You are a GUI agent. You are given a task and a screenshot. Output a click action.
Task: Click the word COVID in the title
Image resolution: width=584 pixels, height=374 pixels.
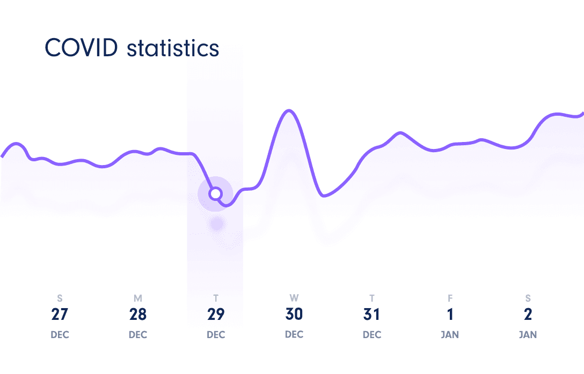81,48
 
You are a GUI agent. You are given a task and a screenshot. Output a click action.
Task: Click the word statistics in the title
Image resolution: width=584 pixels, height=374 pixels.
173,48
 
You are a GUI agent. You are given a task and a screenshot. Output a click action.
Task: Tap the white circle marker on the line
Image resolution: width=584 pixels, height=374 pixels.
215,193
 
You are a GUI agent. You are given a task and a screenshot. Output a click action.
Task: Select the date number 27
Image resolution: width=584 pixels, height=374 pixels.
60,315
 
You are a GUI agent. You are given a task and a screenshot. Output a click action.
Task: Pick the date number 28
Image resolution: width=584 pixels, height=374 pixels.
138,315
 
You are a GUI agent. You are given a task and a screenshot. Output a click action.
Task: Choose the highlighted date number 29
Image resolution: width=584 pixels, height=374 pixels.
216,315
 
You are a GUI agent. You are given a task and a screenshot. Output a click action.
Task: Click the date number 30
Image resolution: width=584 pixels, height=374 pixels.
294,315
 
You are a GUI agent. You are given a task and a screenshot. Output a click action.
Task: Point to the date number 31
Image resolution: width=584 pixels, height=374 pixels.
372,315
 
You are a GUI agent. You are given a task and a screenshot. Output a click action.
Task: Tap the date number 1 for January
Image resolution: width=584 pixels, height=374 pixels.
450,315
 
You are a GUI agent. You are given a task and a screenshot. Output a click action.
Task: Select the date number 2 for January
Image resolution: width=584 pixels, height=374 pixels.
528,315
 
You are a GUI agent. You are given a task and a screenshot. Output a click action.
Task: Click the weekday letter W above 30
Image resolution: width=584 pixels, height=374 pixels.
294,298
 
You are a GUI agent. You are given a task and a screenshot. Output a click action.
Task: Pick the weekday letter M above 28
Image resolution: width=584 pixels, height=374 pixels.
138,298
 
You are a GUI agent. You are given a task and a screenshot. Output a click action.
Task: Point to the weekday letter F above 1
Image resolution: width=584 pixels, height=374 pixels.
450,298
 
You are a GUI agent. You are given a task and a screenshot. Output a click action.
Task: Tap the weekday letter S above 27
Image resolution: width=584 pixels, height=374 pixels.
60,298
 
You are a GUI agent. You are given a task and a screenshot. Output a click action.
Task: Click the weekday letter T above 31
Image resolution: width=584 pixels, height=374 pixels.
372,298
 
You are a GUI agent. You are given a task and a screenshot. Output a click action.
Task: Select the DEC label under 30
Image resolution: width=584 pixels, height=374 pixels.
294,335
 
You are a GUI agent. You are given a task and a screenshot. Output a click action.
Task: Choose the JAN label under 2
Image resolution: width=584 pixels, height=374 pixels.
528,335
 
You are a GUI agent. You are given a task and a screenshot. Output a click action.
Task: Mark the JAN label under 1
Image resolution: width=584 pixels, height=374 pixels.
450,335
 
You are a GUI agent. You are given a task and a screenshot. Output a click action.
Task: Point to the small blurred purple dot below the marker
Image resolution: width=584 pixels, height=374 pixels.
216,224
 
